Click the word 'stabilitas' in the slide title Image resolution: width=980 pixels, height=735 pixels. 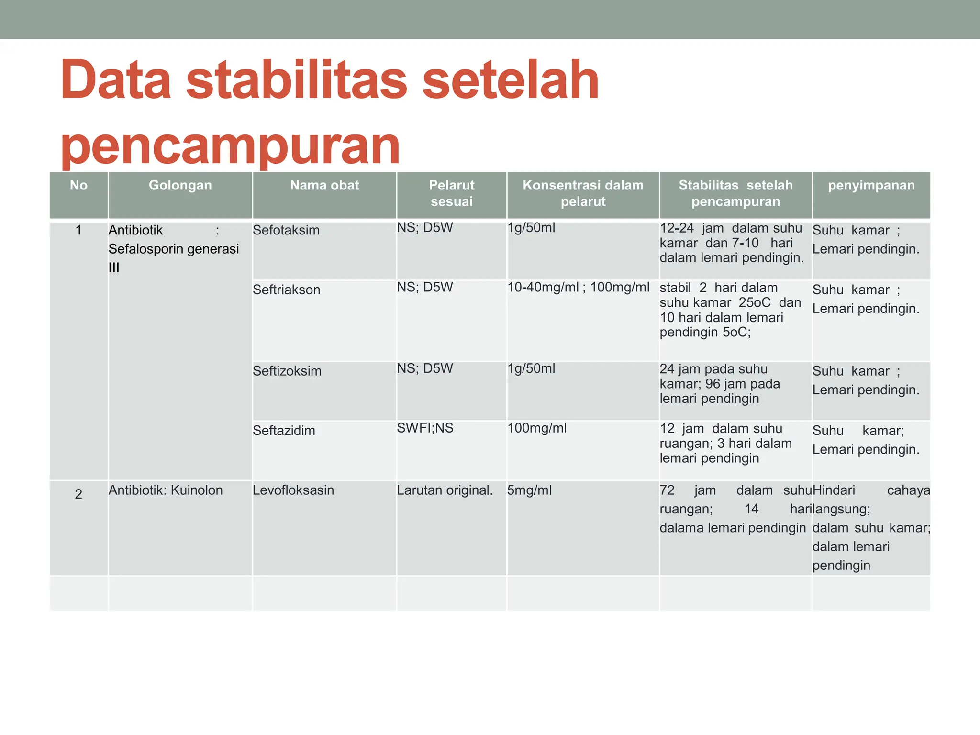297,80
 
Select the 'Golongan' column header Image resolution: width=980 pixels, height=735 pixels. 180,186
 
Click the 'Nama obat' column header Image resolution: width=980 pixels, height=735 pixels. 324,186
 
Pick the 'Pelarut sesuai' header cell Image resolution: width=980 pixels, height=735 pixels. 451,193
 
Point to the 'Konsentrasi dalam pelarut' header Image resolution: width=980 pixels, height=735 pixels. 583,193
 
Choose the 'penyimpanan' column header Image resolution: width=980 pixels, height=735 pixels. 871,186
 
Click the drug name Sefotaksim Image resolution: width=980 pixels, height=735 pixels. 286,230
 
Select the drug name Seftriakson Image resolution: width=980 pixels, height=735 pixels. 286,290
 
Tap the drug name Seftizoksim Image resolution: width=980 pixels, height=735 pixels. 287,371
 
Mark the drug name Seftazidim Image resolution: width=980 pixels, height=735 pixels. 284,431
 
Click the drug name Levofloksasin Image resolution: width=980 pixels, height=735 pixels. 293,490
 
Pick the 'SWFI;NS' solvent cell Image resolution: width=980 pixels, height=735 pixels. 425,428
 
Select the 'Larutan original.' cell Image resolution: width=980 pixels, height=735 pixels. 445,490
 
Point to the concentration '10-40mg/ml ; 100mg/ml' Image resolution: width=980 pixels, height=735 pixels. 578,288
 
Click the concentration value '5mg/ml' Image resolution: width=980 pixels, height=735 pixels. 529,490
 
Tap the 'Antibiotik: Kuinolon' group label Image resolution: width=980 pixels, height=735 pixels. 166,490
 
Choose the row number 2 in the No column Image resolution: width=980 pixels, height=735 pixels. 78,494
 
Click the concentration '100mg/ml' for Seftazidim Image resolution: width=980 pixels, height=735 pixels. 537,428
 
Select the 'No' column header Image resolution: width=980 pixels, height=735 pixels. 78,186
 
